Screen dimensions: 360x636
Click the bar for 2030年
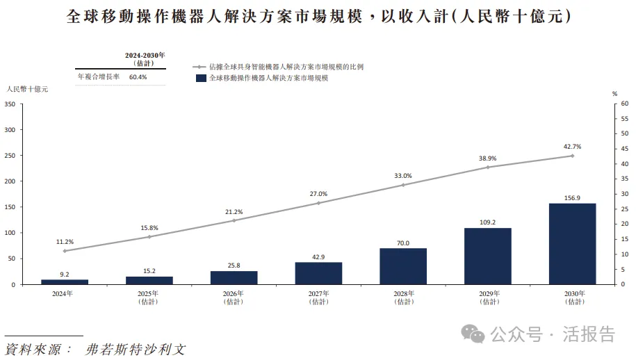[572, 243]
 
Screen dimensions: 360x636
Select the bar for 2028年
[403, 266]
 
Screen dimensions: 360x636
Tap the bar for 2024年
[65, 281]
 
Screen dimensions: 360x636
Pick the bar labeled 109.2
[487, 256]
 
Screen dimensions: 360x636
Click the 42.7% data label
[572, 147]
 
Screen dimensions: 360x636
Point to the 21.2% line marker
[234, 220]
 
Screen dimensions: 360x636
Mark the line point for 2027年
[318, 203]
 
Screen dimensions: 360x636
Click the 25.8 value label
[234, 265]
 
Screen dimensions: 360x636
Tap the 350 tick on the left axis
[10, 104]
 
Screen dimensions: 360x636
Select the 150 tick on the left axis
[10, 207]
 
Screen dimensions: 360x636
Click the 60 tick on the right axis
[624, 104]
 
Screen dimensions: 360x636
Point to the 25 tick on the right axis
[624, 209]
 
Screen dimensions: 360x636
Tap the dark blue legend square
[201, 79]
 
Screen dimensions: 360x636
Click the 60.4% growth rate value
[138, 76]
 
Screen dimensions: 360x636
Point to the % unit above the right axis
[614, 93]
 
